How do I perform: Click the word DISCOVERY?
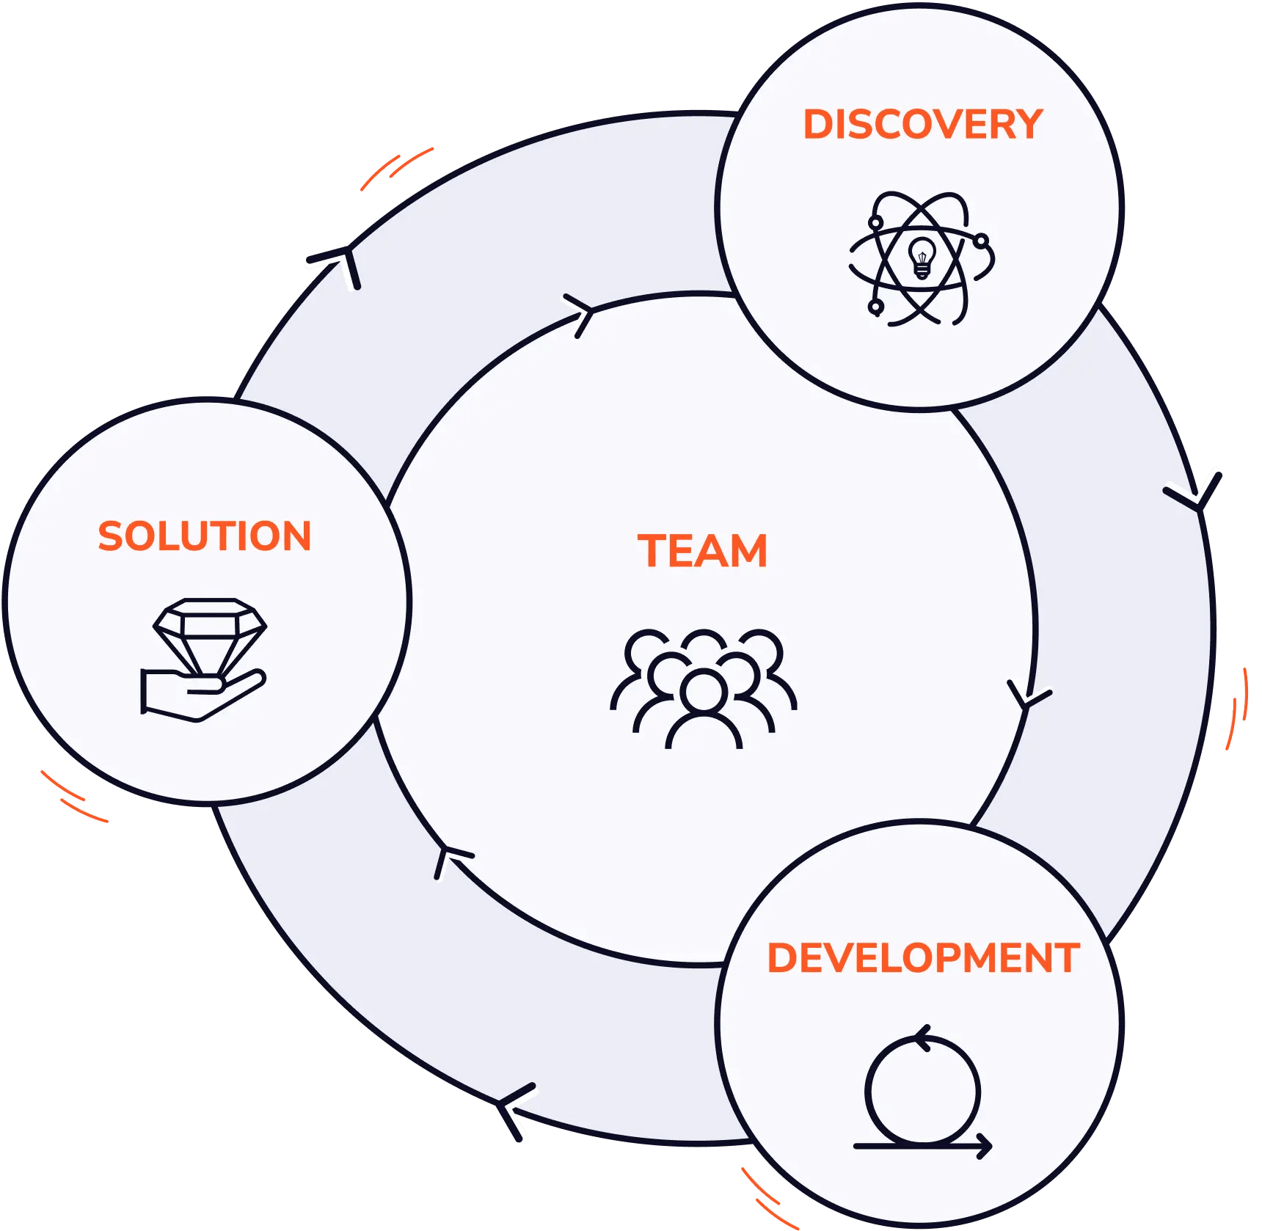click(x=922, y=124)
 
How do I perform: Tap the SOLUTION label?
click(x=205, y=536)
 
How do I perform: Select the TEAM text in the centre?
click(x=702, y=551)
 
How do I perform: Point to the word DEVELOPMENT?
click(x=923, y=958)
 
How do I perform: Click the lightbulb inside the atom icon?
click(x=922, y=257)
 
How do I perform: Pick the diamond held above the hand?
click(x=210, y=632)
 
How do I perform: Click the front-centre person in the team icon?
click(x=704, y=708)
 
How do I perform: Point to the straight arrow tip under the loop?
click(x=985, y=1145)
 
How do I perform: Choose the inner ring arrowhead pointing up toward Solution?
click(x=449, y=858)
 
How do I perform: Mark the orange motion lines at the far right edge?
click(x=1238, y=708)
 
